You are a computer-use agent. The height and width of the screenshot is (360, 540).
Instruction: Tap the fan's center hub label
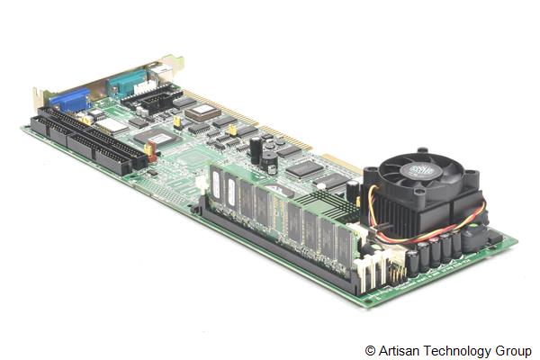pos(422,171)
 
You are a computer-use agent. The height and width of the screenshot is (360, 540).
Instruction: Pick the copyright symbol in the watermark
pos(370,350)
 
